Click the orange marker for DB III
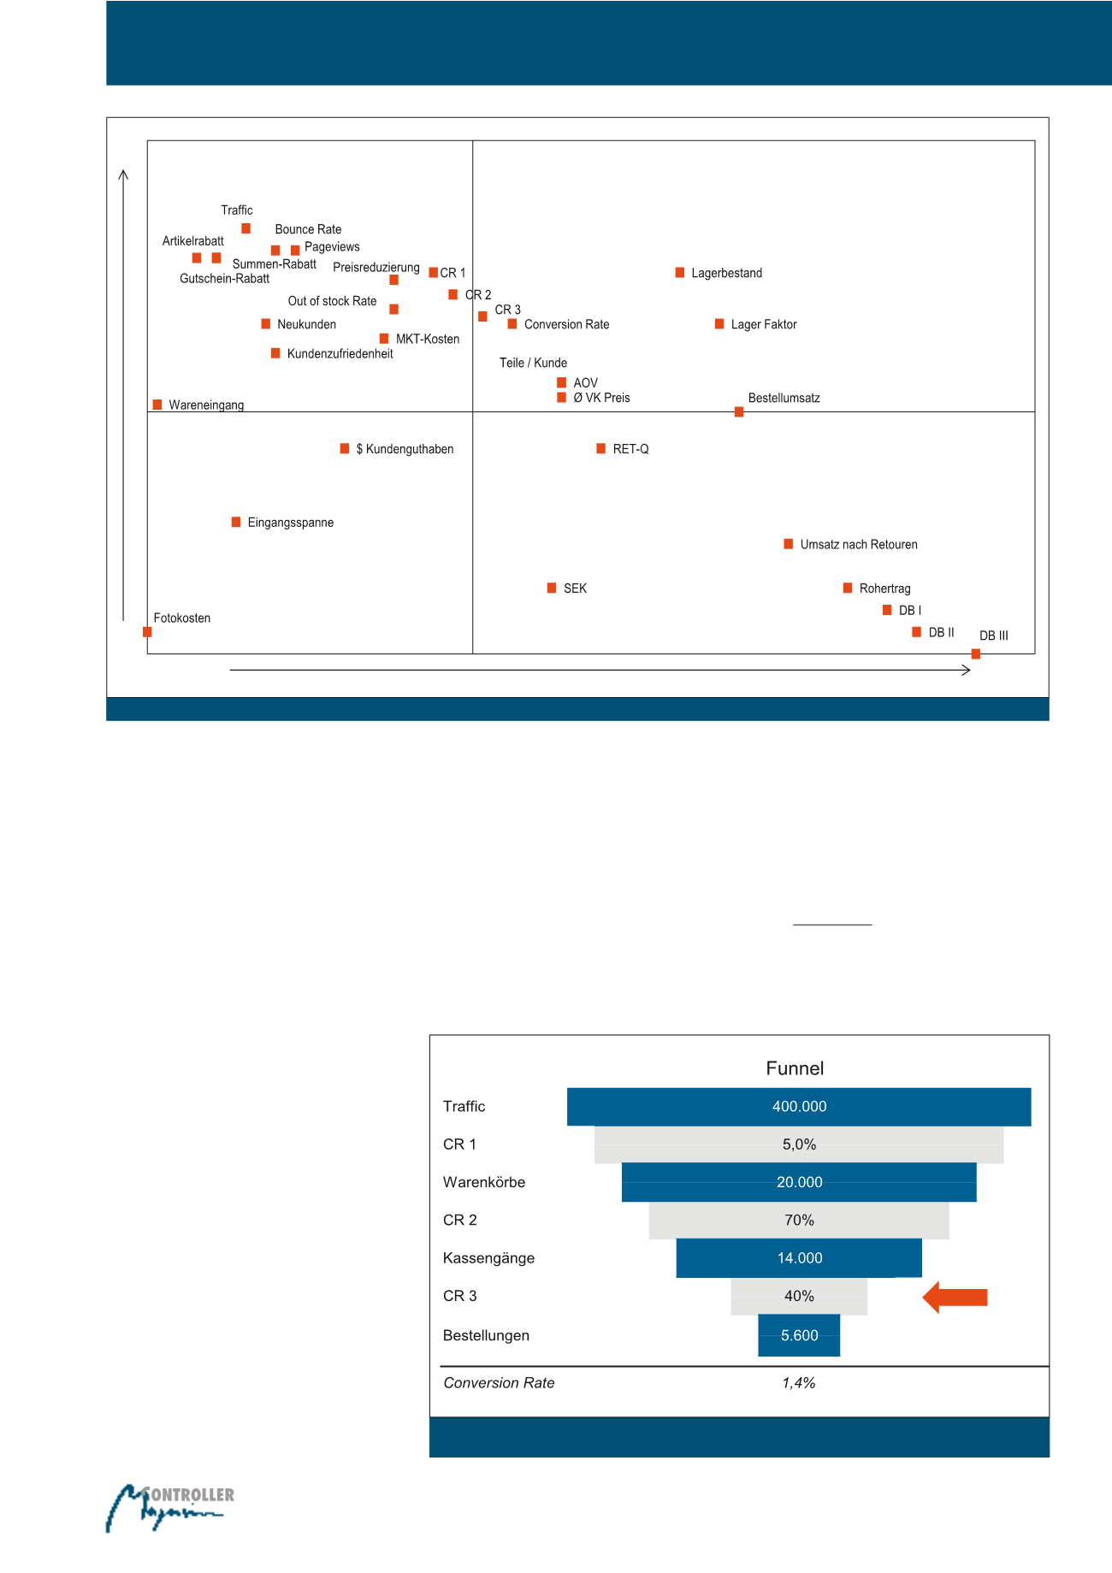[x=975, y=653]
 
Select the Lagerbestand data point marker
[x=679, y=273]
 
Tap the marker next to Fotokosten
[x=147, y=632]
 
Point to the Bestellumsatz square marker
[x=739, y=411]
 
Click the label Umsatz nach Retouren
[x=858, y=545]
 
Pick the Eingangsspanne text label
[x=290, y=523]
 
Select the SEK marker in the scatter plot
[x=552, y=588]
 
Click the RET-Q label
[x=630, y=449]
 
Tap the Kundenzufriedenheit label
[x=340, y=354]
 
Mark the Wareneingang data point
[x=157, y=405]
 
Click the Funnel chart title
[x=795, y=1068]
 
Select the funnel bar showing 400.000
[x=798, y=1107]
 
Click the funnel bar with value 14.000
[x=798, y=1258]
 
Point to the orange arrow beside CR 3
[x=955, y=1298]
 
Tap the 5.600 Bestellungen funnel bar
[x=798, y=1335]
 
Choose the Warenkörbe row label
[x=484, y=1182]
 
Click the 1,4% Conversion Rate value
[x=798, y=1383]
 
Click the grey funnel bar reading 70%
[x=798, y=1221]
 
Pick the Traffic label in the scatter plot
[x=236, y=210]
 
